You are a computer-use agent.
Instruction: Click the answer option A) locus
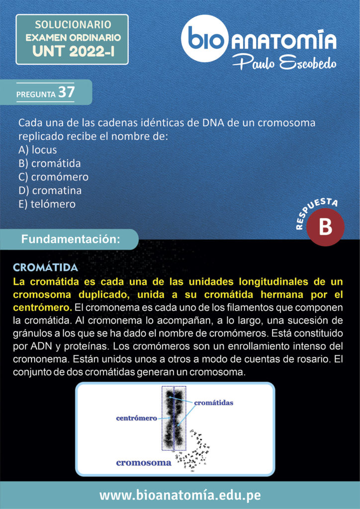point(37,150)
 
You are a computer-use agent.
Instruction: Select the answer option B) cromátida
point(49,163)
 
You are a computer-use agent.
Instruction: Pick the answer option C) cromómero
point(53,177)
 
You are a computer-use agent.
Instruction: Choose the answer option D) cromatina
point(50,190)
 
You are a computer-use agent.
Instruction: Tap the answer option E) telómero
point(47,204)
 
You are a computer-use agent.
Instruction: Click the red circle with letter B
point(325,227)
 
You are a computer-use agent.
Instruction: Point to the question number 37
point(66,92)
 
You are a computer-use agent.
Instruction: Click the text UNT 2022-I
point(73,50)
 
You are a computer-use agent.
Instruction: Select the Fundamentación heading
point(71,239)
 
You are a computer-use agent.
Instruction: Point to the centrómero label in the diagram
point(136,419)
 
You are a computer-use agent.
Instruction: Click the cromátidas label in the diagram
point(213,402)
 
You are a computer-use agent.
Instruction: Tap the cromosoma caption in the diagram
point(144,463)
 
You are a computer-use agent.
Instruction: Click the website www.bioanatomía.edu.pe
point(180,495)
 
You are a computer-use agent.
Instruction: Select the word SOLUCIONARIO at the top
point(73,24)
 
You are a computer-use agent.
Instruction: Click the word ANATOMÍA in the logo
point(283,40)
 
